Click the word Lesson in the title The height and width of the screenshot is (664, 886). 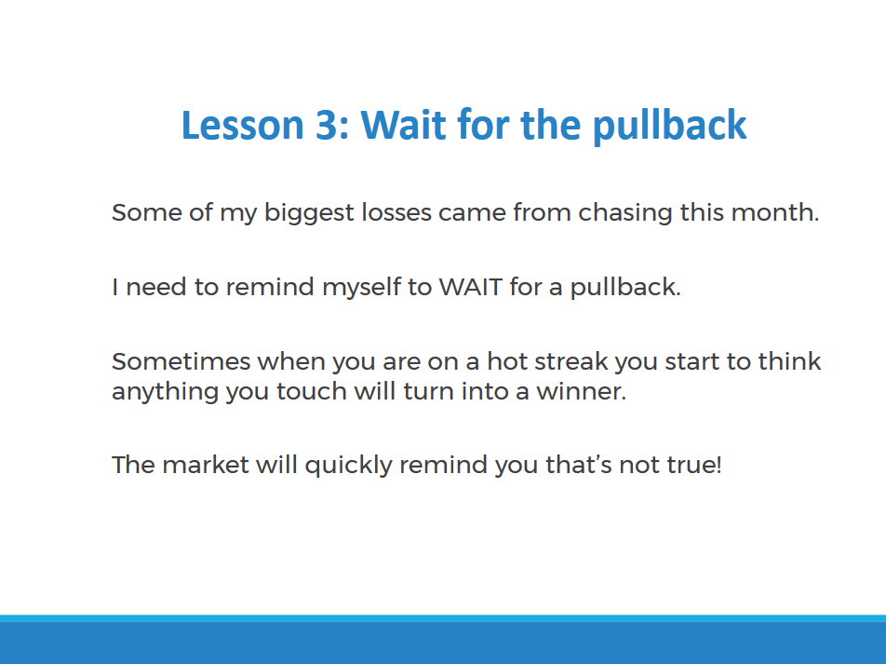[242, 125]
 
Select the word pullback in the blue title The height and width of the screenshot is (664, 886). [669, 126]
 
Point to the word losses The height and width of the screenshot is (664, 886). [396, 212]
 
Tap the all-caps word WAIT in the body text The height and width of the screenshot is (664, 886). [471, 288]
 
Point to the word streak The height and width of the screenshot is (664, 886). [571, 361]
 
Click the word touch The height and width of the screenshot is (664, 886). [312, 391]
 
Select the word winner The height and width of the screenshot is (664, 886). [581, 391]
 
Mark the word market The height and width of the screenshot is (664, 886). [205, 465]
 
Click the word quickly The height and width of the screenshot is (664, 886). [348, 466]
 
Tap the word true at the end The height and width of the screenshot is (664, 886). [694, 465]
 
